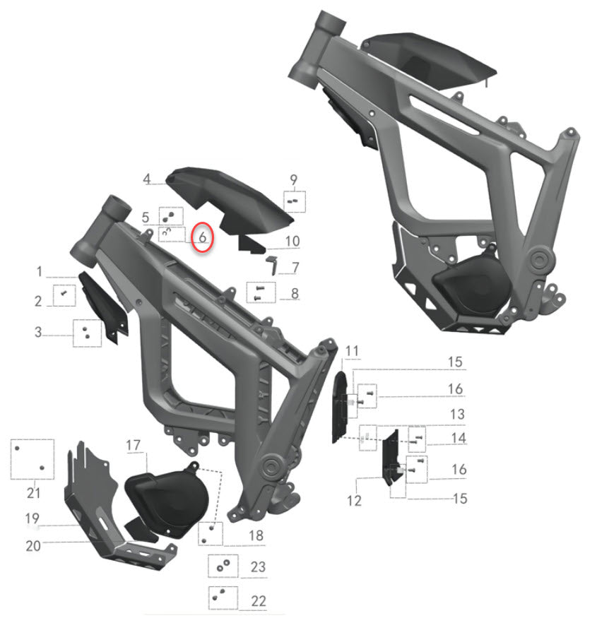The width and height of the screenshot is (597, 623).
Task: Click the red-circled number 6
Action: [x=202, y=238]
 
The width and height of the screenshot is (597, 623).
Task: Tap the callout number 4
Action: [x=147, y=179]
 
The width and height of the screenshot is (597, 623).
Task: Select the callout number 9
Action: [x=294, y=179]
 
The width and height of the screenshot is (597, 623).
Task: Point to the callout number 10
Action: [x=292, y=242]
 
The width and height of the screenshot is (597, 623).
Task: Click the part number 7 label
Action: [x=295, y=268]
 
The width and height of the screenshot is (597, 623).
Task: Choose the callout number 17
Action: [x=134, y=446]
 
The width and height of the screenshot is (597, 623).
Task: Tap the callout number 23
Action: [x=258, y=567]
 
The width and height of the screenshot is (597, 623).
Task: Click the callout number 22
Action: [x=259, y=600]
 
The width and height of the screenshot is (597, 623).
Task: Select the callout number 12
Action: [x=354, y=501]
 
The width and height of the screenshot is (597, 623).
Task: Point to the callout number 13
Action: [x=457, y=414]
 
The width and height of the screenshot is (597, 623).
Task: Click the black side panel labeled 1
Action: [x=102, y=307]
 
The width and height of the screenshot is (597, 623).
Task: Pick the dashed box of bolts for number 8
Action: [x=259, y=292]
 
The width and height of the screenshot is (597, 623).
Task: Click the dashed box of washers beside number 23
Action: [x=223, y=566]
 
